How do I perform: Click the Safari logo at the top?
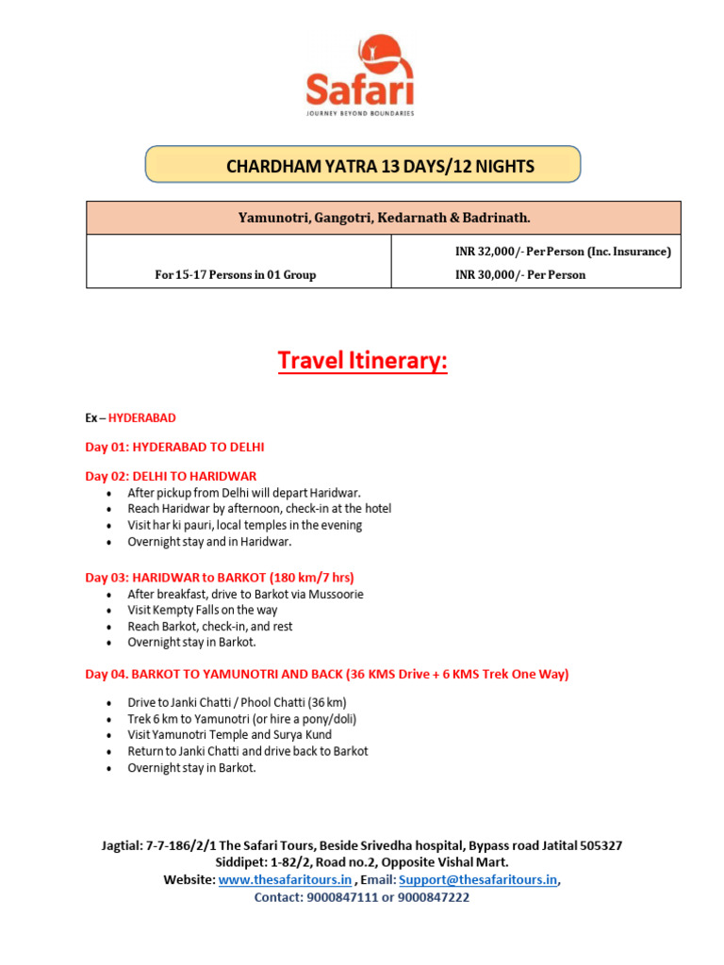point(361,74)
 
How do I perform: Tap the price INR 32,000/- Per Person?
point(563,252)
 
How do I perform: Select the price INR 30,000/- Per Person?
point(519,275)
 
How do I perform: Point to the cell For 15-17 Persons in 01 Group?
point(236,275)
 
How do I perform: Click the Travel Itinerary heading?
point(362,361)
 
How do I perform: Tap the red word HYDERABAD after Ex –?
point(142,417)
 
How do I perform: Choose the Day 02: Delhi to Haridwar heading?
point(171,476)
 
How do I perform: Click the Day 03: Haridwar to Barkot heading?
point(220,578)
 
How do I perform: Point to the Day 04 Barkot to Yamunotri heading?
point(327,675)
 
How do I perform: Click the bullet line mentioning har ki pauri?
point(245,525)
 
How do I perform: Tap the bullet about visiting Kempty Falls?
point(203,610)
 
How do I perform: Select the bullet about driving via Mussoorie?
point(245,594)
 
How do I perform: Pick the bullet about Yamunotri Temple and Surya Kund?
point(230,735)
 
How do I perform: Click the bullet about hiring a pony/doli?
point(242,719)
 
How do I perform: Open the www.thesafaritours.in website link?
point(285,880)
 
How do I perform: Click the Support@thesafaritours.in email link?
point(478,880)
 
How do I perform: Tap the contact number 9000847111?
point(343,897)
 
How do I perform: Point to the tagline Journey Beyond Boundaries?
point(361,113)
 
